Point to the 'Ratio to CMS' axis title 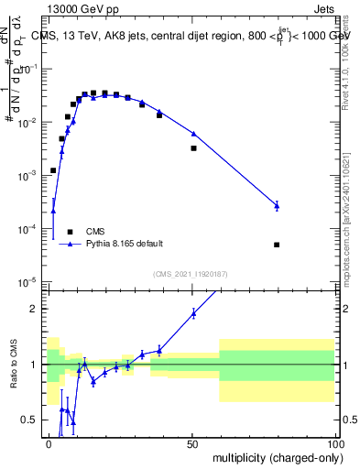tap(13, 364)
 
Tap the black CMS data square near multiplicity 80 tap(277, 245)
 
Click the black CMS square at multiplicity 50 tap(193, 147)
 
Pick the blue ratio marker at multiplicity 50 tap(193, 313)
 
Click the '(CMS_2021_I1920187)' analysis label tap(190, 273)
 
